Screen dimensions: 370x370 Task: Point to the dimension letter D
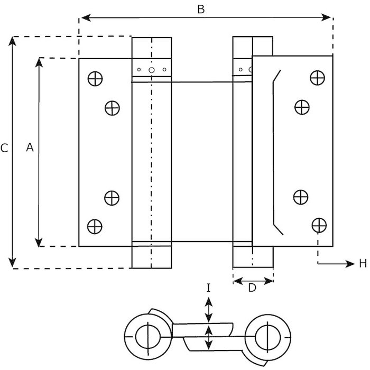[252, 288]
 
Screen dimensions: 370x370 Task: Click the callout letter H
[363, 264]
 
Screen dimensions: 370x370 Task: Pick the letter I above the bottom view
[209, 288]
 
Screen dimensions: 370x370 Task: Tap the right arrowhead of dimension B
[328, 18]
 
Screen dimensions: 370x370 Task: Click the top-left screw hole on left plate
[95, 78]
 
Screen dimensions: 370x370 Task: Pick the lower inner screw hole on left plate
[112, 198]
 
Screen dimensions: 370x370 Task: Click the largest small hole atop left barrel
[151, 70]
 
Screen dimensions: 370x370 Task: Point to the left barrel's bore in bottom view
[144, 336]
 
